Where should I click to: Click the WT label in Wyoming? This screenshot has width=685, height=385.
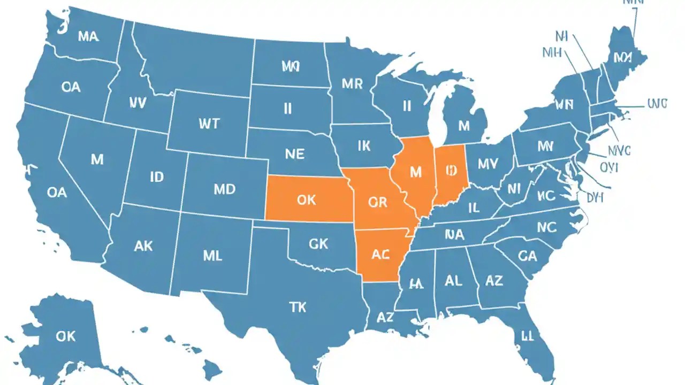(x=209, y=124)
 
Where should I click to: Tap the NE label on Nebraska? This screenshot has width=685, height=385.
(x=294, y=155)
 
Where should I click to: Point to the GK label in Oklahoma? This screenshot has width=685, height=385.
(x=318, y=244)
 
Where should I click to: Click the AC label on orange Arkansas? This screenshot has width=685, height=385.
(x=380, y=255)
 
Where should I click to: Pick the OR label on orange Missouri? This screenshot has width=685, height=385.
(x=377, y=202)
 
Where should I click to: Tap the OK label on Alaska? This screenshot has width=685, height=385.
(x=65, y=336)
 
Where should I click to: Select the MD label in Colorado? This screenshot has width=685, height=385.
(x=225, y=189)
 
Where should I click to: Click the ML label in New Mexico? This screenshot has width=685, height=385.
(x=212, y=256)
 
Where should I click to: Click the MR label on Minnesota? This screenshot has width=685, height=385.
(x=352, y=83)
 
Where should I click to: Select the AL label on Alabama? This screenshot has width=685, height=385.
(x=453, y=281)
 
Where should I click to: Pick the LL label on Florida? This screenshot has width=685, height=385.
(x=528, y=336)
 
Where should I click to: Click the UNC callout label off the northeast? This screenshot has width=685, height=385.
(x=657, y=104)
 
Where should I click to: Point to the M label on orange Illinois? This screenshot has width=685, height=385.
(x=415, y=172)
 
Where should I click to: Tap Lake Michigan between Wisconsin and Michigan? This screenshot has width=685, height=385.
(x=440, y=115)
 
